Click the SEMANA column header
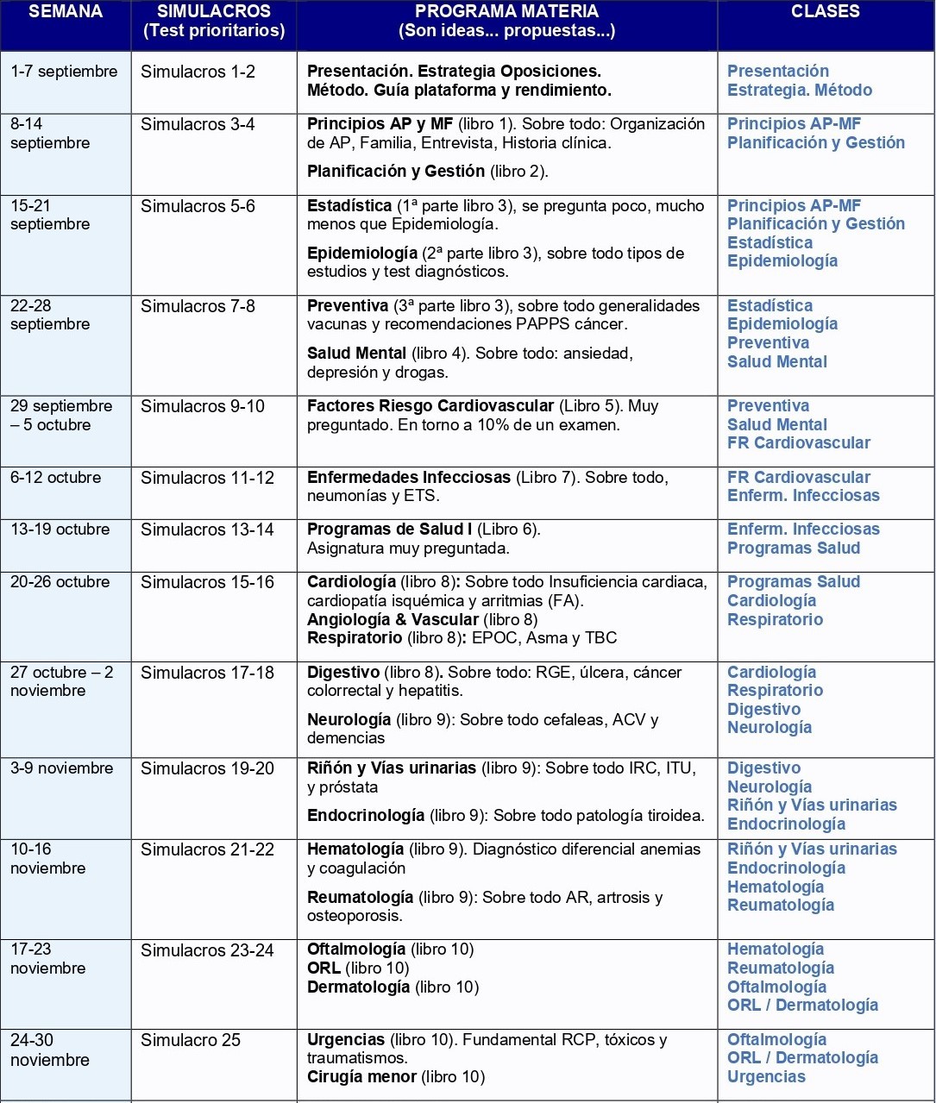(x=66, y=12)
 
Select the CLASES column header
(x=825, y=12)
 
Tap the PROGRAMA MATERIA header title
(x=506, y=12)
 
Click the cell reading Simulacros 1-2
(x=198, y=72)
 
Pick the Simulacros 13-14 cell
(x=207, y=530)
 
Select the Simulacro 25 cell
(x=191, y=1040)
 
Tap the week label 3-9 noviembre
(x=61, y=768)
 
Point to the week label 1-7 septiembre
(x=64, y=72)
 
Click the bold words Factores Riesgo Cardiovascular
(x=430, y=406)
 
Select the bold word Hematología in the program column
(x=355, y=849)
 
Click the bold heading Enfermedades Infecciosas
(x=409, y=478)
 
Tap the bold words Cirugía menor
(x=361, y=1076)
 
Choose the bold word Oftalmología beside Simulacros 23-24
(x=356, y=949)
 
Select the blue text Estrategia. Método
(x=799, y=91)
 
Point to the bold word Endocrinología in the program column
(x=366, y=816)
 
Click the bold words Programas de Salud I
(x=389, y=530)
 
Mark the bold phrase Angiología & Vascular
(x=393, y=619)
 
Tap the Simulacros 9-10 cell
(x=203, y=406)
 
